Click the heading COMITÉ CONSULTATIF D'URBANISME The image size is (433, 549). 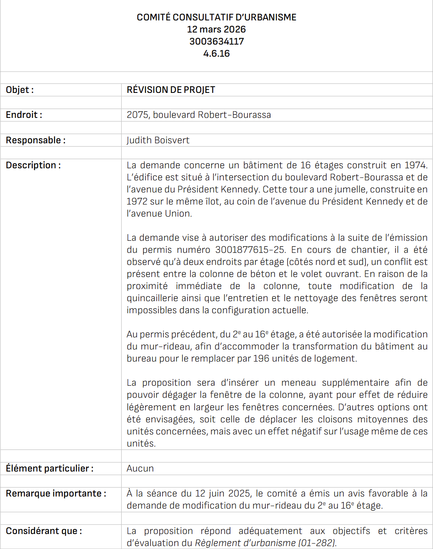click(216, 17)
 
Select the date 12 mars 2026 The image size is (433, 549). click(216, 30)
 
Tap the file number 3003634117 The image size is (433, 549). click(216, 42)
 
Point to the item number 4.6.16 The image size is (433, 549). click(216, 54)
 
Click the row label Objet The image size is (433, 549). click(20, 90)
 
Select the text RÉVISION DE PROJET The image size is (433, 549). click(171, 90)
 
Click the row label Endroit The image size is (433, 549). click(24, 115)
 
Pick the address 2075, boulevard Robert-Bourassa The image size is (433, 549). click(199, 115)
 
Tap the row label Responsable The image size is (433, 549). click(35, 140)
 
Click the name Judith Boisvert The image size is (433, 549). click(158, 140)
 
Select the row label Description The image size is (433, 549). click(33, 165)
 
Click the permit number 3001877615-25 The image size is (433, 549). click(250, 250)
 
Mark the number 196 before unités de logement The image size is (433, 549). click(261, 359)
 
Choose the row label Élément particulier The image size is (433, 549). click(49, 469)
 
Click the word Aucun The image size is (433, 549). click(140, 469)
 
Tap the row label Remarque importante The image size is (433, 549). click(56, 494)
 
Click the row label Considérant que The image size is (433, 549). click(44, 531)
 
